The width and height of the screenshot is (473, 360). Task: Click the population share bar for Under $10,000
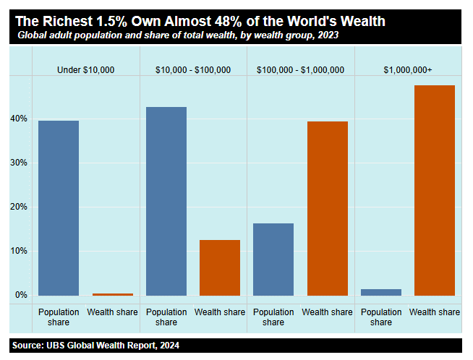tap(59, 207)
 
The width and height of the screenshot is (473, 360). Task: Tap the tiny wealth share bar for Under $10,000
tap(113, 294)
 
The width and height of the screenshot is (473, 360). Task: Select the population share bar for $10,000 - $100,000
tap(166, 201)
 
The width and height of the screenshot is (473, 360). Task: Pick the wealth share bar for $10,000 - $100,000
tap(220, 267)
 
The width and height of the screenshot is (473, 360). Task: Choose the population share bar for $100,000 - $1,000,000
tap(273, 260)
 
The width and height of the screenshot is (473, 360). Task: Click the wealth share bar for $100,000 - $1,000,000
tap(328, 208)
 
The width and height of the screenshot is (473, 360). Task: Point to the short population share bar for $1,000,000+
tap(381, 292)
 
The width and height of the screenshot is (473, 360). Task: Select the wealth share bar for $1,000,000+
tap(435, 190)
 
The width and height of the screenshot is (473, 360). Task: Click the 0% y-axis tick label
tap(21, 295)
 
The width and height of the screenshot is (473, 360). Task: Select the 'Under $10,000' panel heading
tap(86, 70)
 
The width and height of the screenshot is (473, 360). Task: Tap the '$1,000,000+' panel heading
tap(408, 70)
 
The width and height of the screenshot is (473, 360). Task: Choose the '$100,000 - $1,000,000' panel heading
tap(301, 70)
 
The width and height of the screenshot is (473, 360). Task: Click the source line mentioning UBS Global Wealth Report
tap(95, 346)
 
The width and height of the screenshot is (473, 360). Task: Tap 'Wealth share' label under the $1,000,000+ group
tap(435, 312)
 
